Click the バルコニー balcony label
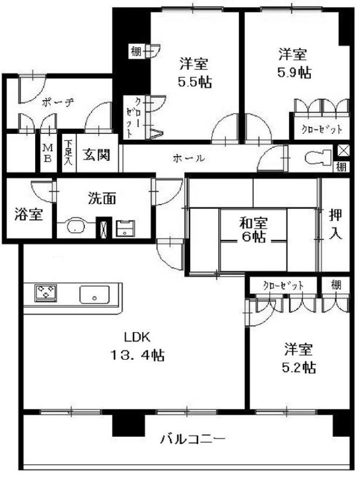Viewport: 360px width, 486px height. [x=192, y=439]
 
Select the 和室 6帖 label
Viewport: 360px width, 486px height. [x=253, y=230]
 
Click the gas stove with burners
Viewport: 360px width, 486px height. [x=45, y=293]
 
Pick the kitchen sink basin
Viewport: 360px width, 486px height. [x=95, y=294]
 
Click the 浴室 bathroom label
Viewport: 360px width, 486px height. [x=29, y=214]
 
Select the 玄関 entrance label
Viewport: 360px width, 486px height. [x=96, y=154]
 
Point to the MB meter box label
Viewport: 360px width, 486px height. [x=47, y=153]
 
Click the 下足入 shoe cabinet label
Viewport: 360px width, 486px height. [x=68, y=152]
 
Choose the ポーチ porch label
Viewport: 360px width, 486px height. [x=58, y=102]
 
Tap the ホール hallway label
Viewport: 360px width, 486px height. [x=189, y=158]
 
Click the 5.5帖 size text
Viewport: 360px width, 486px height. [x=195, y=82]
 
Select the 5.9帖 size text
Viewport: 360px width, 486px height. [x=294, y=72]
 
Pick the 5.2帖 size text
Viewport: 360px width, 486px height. [x=298, y=368]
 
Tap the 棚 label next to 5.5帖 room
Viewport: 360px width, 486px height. [x=136, y=51]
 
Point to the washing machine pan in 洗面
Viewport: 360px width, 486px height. [x=125, y=228]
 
